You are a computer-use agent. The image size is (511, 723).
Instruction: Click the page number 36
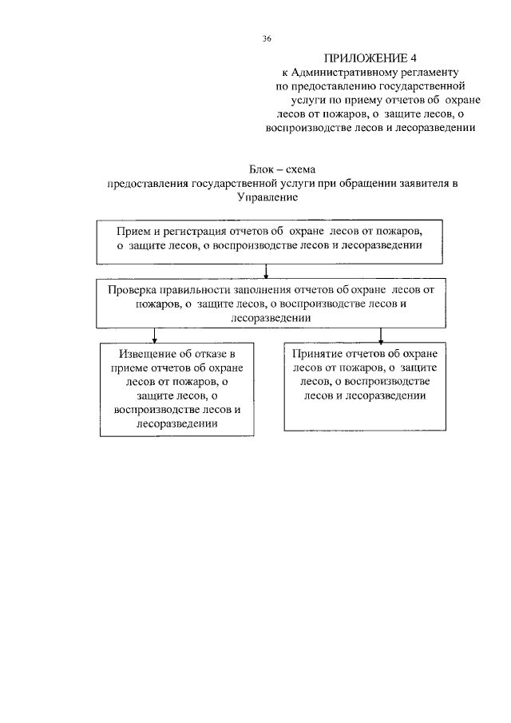tap(267, 38)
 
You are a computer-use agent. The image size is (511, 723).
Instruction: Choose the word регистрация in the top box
tap(192, 231)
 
